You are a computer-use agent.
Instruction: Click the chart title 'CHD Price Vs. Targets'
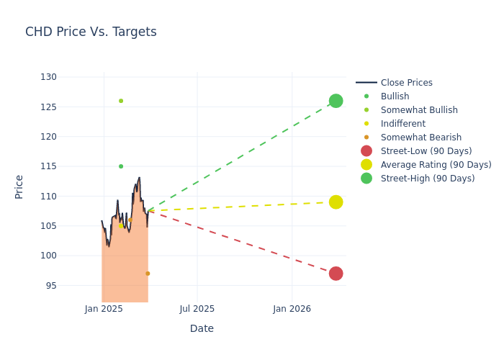pos(91,32)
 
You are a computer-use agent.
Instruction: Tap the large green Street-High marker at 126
pos(336,101)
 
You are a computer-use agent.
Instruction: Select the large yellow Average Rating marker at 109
pos(336,202)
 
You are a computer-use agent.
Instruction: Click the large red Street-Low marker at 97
pos(336,274)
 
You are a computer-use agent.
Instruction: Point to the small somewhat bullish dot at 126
pos(121,101)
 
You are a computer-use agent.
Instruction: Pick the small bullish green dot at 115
pos(121,166)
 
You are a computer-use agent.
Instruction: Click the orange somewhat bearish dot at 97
pos(148,274)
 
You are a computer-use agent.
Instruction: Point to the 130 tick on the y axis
pos(48,77)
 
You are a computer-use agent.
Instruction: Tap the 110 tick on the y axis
pos(48,197)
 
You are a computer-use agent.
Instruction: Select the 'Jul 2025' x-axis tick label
pos(197,310)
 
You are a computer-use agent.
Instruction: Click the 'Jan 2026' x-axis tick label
pos(292,310)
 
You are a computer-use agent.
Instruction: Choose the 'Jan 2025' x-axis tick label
pos(104,310)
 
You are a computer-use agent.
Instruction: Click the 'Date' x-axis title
pos(202,329)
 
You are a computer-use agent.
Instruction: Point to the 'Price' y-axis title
pos(19,186)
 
